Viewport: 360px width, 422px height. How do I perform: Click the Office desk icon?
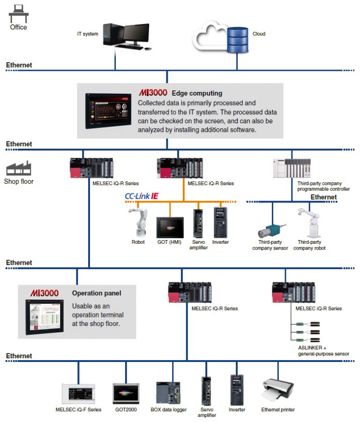tap(18, 13)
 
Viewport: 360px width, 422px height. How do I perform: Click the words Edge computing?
tap(197, 93)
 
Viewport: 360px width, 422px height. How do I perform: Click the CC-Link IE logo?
tap(144, 196)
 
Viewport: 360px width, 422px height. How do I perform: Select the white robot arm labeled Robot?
tap(139, 221)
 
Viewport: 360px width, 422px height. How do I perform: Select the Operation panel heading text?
tap(97, 293)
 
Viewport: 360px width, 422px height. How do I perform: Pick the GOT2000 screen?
tap(126, 393)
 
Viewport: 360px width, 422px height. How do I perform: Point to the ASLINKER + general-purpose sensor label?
tap(323, 350)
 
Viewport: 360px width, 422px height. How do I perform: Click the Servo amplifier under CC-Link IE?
tap(198, 223)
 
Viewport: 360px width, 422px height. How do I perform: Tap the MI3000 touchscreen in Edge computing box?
tap(108, 111)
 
